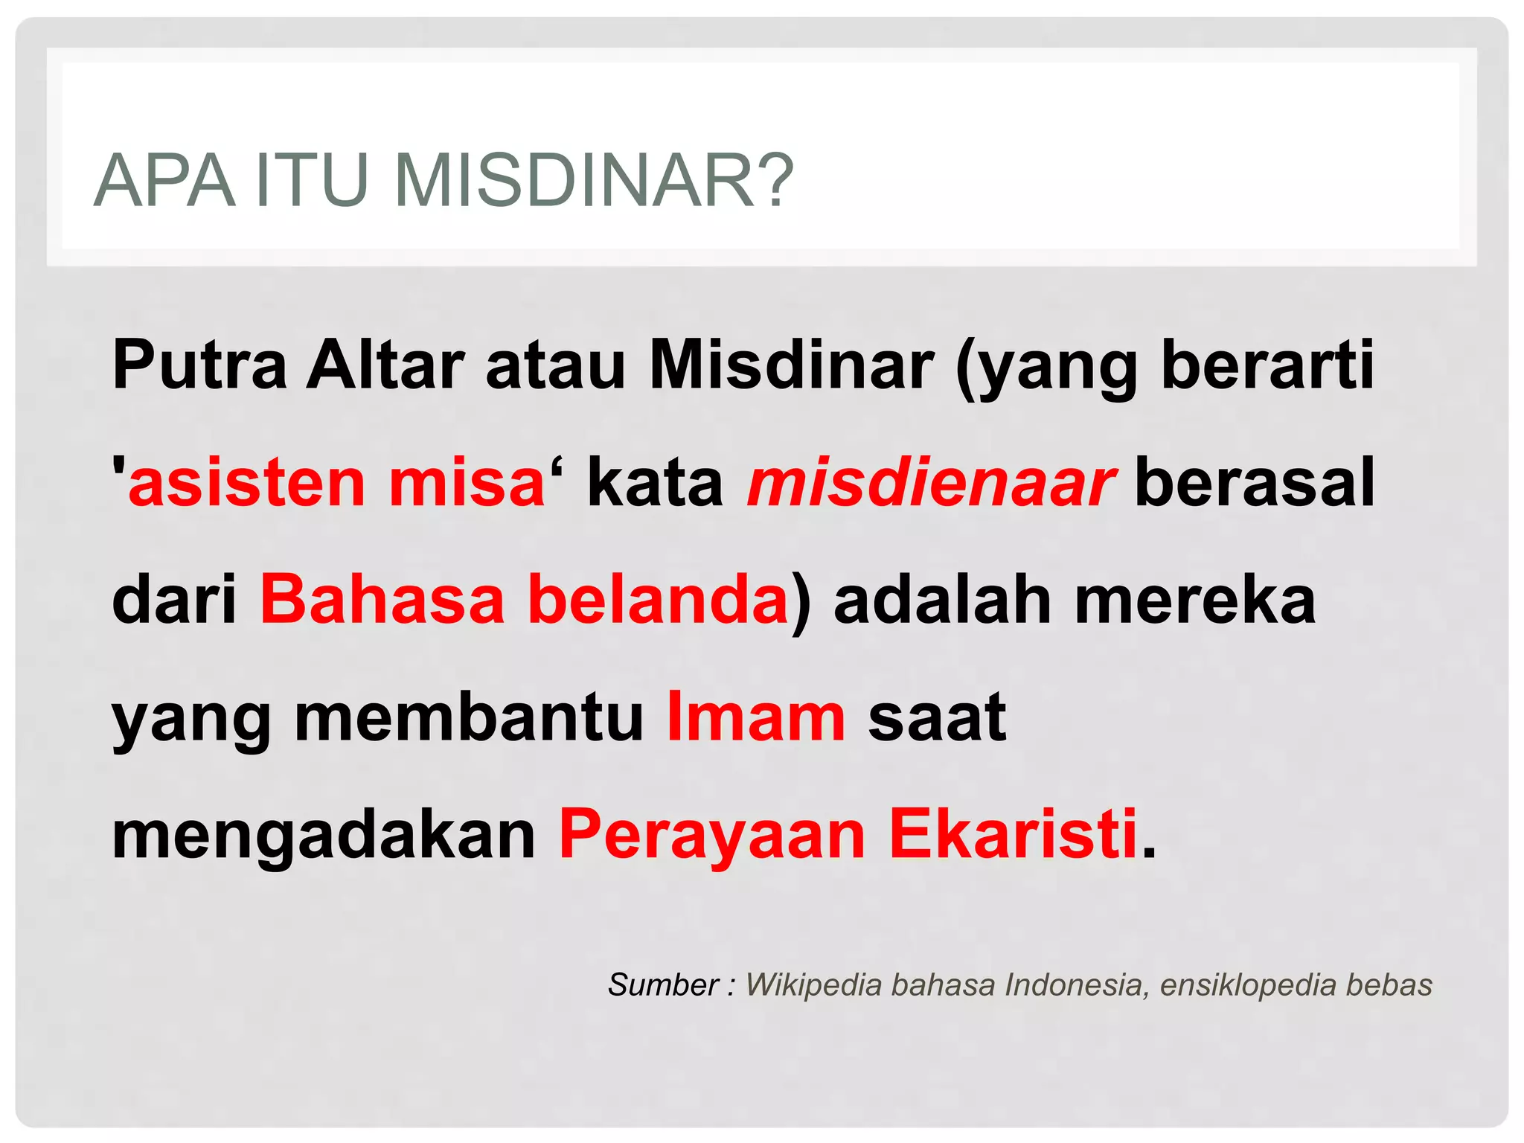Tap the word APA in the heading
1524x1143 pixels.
pos(164,181)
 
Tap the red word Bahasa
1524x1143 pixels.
pos(382,600)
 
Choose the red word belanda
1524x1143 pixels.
pos(657,600)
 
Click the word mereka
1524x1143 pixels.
pos(1195,600)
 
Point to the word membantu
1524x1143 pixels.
pos(469,717)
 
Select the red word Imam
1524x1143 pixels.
pos(756,717)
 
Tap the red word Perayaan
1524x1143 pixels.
pos(712,835)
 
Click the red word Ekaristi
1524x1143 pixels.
pos(1013,835)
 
